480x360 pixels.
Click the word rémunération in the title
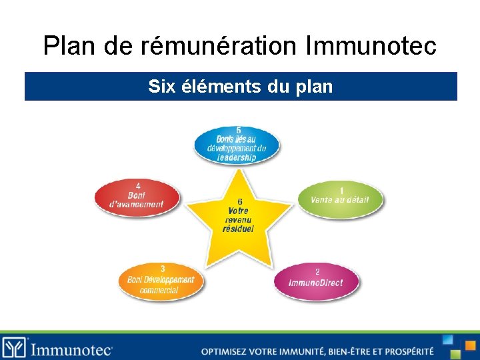point(220,47)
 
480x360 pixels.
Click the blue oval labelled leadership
point(237,144)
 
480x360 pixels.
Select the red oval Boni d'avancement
point(137,197)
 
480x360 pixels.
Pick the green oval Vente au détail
point(340,199)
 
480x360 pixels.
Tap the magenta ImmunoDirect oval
point(316,281)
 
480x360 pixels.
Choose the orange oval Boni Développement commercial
point(161,281)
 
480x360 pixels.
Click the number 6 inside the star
point(239,202)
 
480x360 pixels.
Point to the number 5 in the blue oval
point(239,130)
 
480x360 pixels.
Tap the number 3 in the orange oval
point(163,268)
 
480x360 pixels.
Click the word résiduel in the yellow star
point(238,229)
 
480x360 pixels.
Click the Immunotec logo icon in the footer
point(14,347)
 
